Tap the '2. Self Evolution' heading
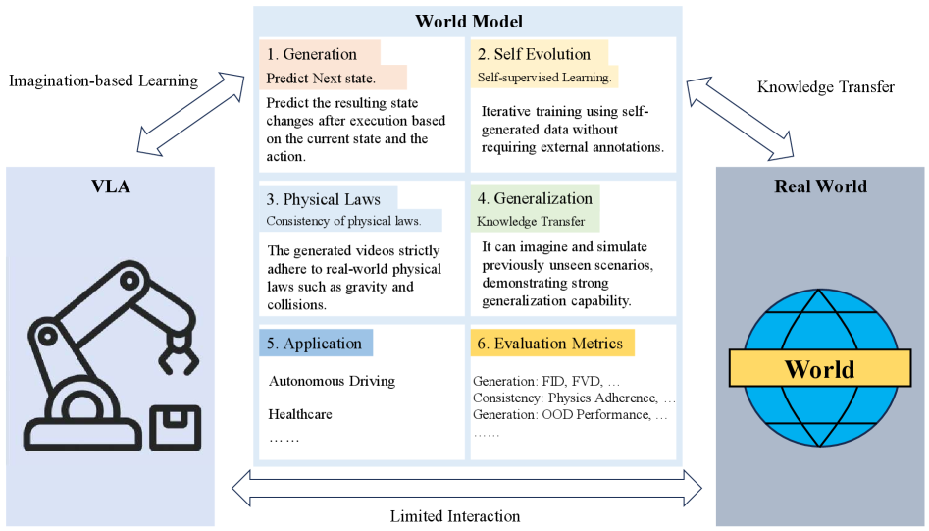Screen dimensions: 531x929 pos(534,54)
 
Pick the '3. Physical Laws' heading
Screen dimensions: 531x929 pos(324,199)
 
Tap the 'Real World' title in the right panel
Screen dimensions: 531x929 pos(820,186)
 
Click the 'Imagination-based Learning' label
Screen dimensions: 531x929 pos(103,80)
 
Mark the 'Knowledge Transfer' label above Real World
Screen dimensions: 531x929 pos(825,87)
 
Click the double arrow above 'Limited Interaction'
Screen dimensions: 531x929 pos(467,485)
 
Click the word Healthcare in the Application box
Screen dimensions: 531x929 pos(300,414)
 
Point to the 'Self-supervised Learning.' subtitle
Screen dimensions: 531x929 pos(543,77)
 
